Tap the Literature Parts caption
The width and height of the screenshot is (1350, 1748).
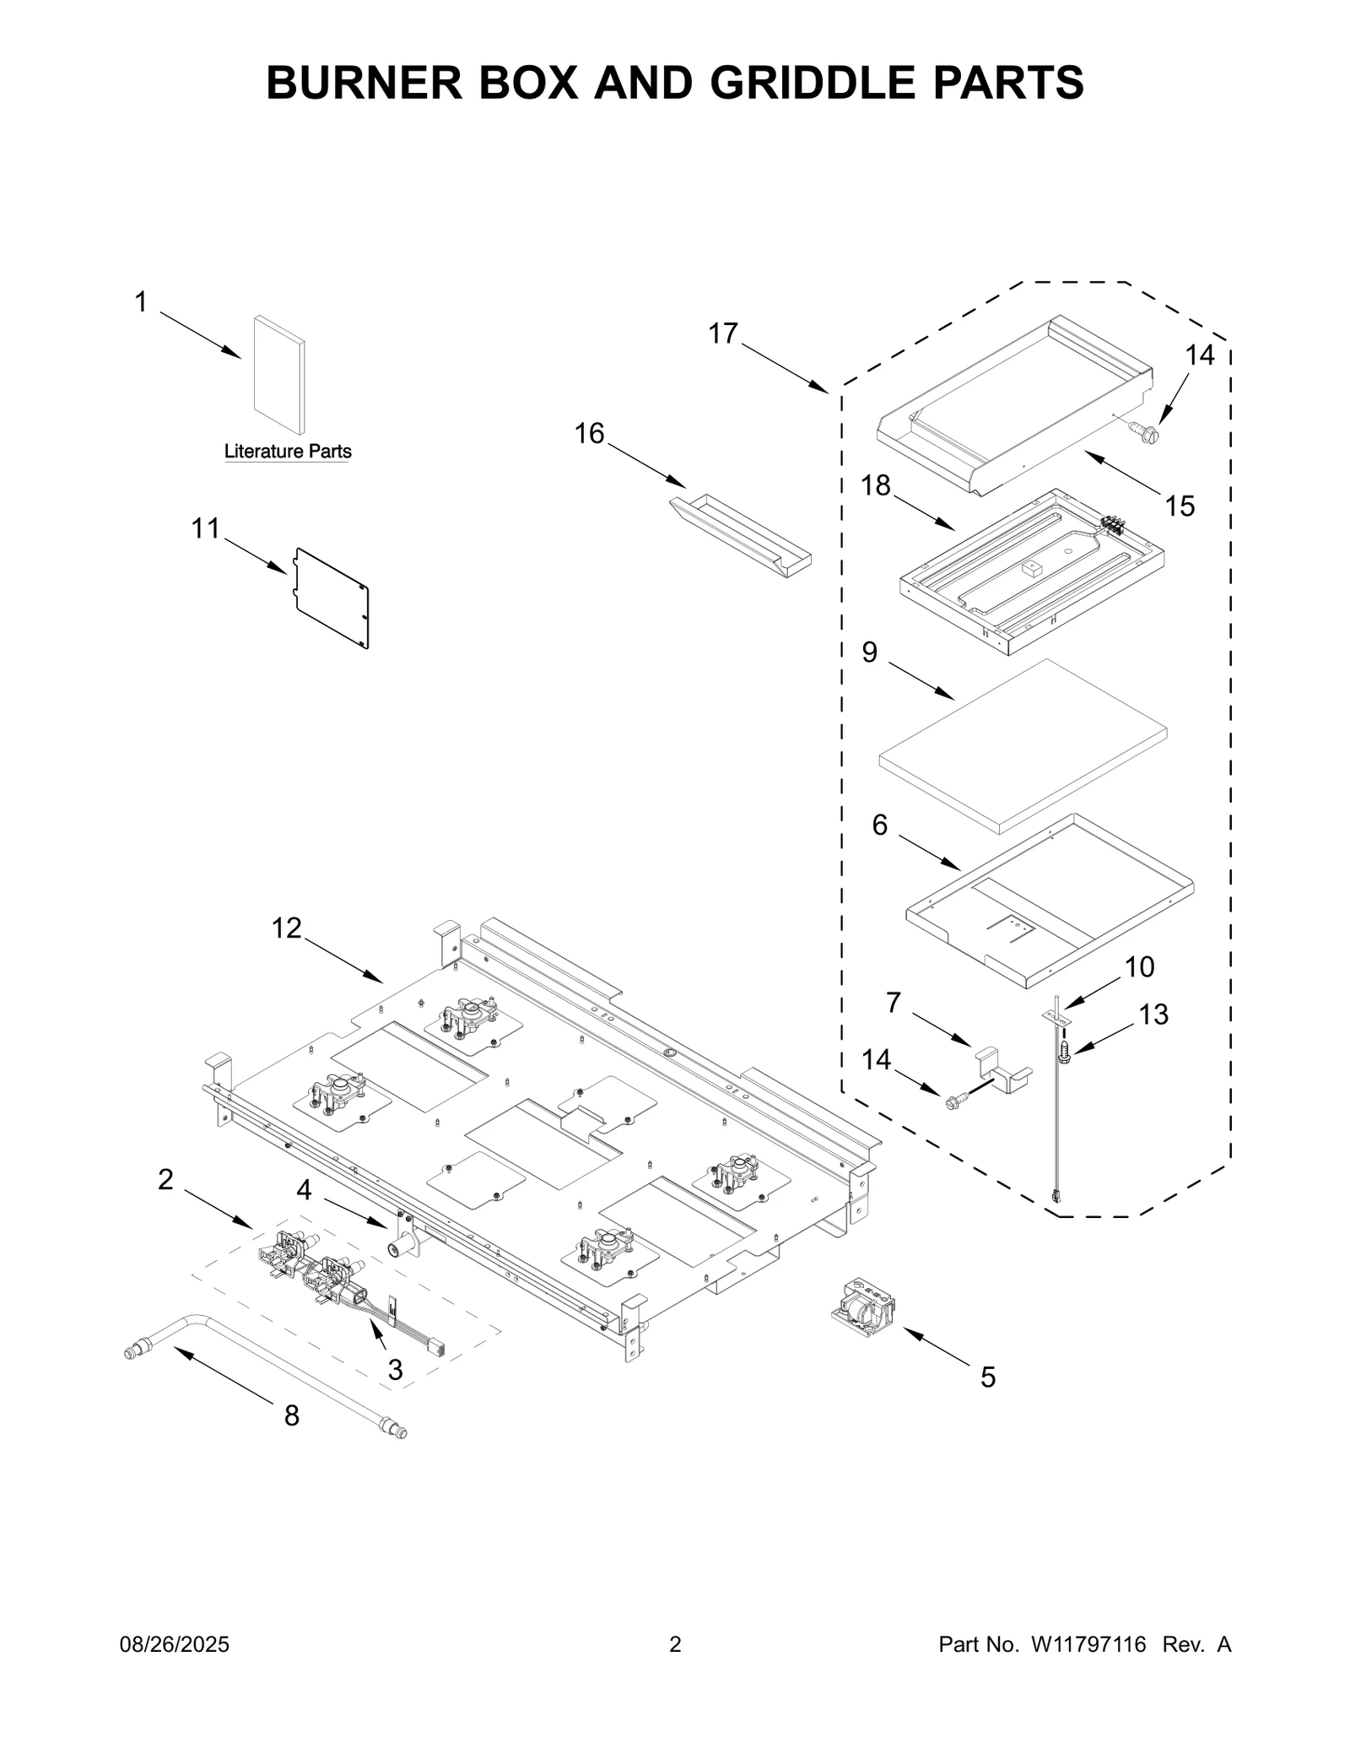288,452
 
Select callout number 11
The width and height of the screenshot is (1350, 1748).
205,529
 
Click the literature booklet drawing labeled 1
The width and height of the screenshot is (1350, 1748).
279,376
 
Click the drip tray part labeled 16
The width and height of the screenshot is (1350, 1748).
740,536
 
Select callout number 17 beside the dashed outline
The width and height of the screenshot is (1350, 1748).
723,334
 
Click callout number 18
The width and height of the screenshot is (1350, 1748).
876,485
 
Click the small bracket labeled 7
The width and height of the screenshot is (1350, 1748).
1003,1072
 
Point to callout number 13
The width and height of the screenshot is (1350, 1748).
1153,1014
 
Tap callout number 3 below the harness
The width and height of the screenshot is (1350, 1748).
395,1370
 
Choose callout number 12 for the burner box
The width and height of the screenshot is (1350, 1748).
286,928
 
